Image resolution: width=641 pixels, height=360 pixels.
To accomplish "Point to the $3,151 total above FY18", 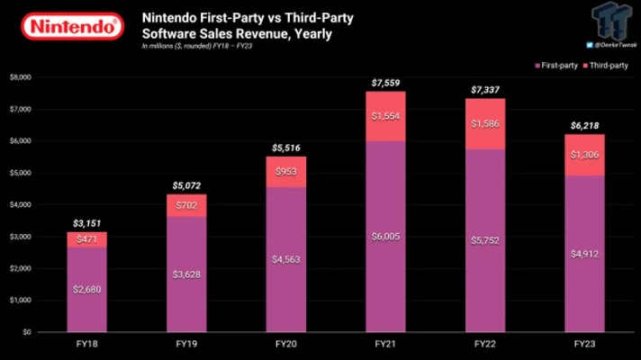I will coord(86,223).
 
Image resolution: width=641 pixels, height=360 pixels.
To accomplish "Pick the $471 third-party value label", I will coord(86,238).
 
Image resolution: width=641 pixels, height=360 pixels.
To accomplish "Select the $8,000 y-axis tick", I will coord(20,77).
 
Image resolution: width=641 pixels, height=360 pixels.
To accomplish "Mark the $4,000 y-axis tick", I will coord(20,204).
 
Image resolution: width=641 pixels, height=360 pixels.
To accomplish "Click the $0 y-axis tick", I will coord(28,332).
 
